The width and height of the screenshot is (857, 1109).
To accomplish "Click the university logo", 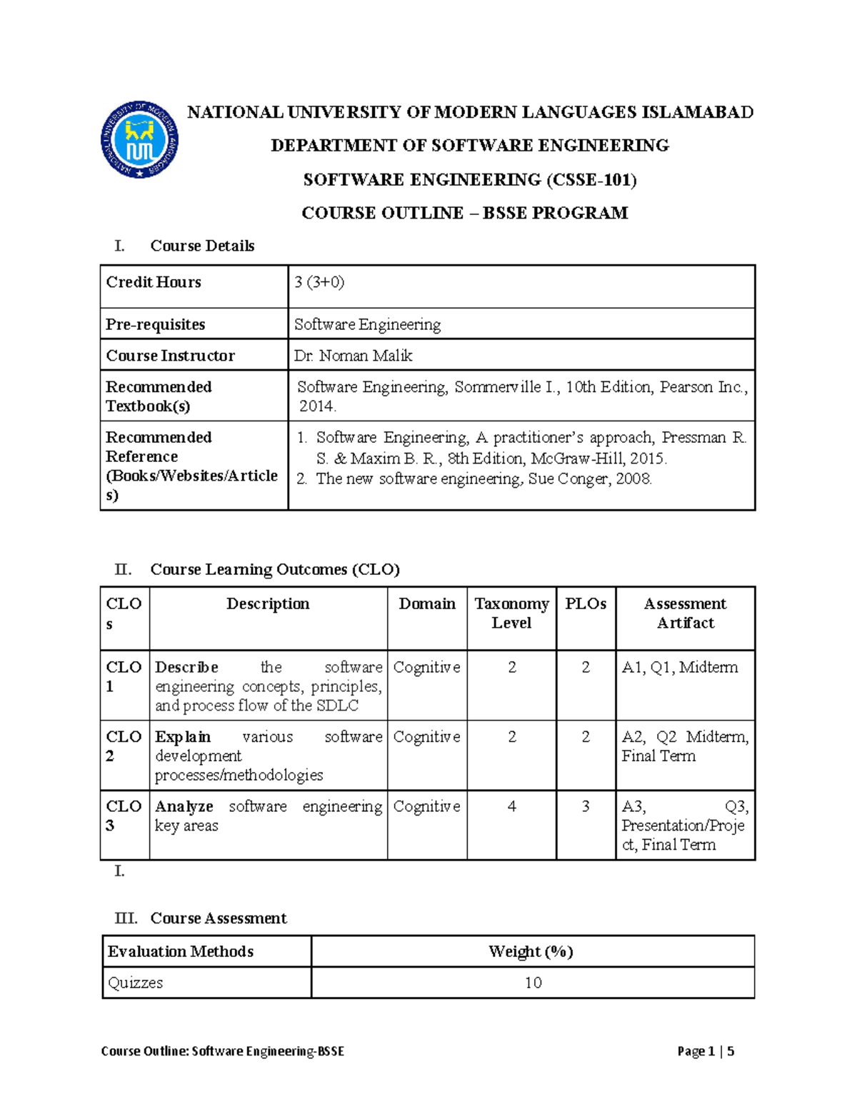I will pos(139,139).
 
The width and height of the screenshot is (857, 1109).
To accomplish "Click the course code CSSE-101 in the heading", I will pos(591,179).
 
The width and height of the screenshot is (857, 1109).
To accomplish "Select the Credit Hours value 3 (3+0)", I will pos(319,282).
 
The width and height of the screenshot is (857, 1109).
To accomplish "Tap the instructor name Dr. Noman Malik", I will pos(353,356).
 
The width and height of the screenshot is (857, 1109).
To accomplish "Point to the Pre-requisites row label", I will pos(155,324).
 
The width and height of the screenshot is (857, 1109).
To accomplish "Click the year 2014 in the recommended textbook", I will pos(317,406).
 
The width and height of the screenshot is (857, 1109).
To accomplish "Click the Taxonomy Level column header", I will pos(511,613).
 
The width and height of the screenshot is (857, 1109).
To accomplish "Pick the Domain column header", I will pos(427,604).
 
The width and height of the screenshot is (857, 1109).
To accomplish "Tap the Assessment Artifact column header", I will pos(685,613).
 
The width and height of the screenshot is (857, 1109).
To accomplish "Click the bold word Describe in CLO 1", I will pos(186,668).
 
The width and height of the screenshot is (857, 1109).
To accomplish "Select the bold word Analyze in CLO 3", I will pos(184,806).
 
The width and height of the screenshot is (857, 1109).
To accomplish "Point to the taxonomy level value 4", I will pos(512,806).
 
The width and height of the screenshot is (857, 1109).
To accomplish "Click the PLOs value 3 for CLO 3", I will pos(586,806).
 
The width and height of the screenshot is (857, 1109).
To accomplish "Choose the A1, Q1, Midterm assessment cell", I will pos(679,668).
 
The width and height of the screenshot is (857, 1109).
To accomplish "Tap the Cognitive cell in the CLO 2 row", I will pos(426,737).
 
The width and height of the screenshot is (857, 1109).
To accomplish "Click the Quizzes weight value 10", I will pos(533,983).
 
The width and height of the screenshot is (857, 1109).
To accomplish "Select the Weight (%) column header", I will pos(531,951).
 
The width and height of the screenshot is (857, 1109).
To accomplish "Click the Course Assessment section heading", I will pos(218,918).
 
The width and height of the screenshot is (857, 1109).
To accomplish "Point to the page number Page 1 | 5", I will pos(706,1051).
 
